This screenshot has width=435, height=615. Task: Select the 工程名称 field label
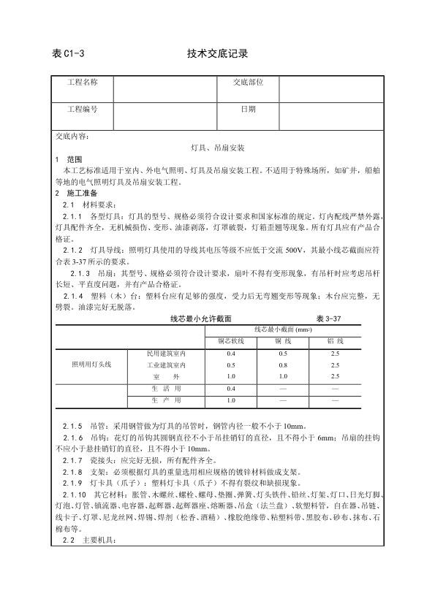coord(83,85)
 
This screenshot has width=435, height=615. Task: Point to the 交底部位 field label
coord(249,85)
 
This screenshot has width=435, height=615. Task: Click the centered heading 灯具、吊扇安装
coord(217,147)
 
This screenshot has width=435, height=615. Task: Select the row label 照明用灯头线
coord(91,364)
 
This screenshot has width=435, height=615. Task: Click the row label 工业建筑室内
coord(166,364)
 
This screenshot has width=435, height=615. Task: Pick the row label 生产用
coord(166,400)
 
